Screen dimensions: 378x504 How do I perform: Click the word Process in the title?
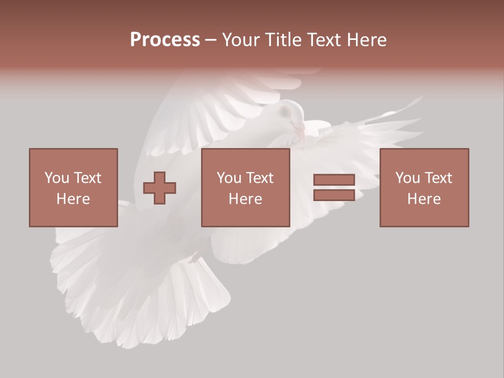click(165, 40)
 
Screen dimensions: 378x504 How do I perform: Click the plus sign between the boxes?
click(160, 187)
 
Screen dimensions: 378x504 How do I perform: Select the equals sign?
click(334, 187)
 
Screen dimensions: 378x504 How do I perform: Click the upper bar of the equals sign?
click(334, 180)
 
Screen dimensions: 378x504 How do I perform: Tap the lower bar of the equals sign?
click(334, 195)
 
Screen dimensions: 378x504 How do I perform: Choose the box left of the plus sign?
click(73, 187)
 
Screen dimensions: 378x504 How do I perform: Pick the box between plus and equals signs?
click(245, 187)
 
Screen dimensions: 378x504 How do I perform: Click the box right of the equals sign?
click(424, 187)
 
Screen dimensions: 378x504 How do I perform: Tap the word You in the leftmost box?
click(57, 178)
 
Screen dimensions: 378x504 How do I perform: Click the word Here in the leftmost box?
click(73, 199)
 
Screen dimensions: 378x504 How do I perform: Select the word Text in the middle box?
click(260, 178)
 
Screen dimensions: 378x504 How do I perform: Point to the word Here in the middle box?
click(245, 199)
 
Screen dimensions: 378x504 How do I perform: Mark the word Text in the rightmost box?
click(438, 178)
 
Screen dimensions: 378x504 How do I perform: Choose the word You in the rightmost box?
click(407, 178)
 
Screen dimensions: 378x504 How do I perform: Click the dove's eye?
click(285, 112)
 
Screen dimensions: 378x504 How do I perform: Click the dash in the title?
click(211, 40)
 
